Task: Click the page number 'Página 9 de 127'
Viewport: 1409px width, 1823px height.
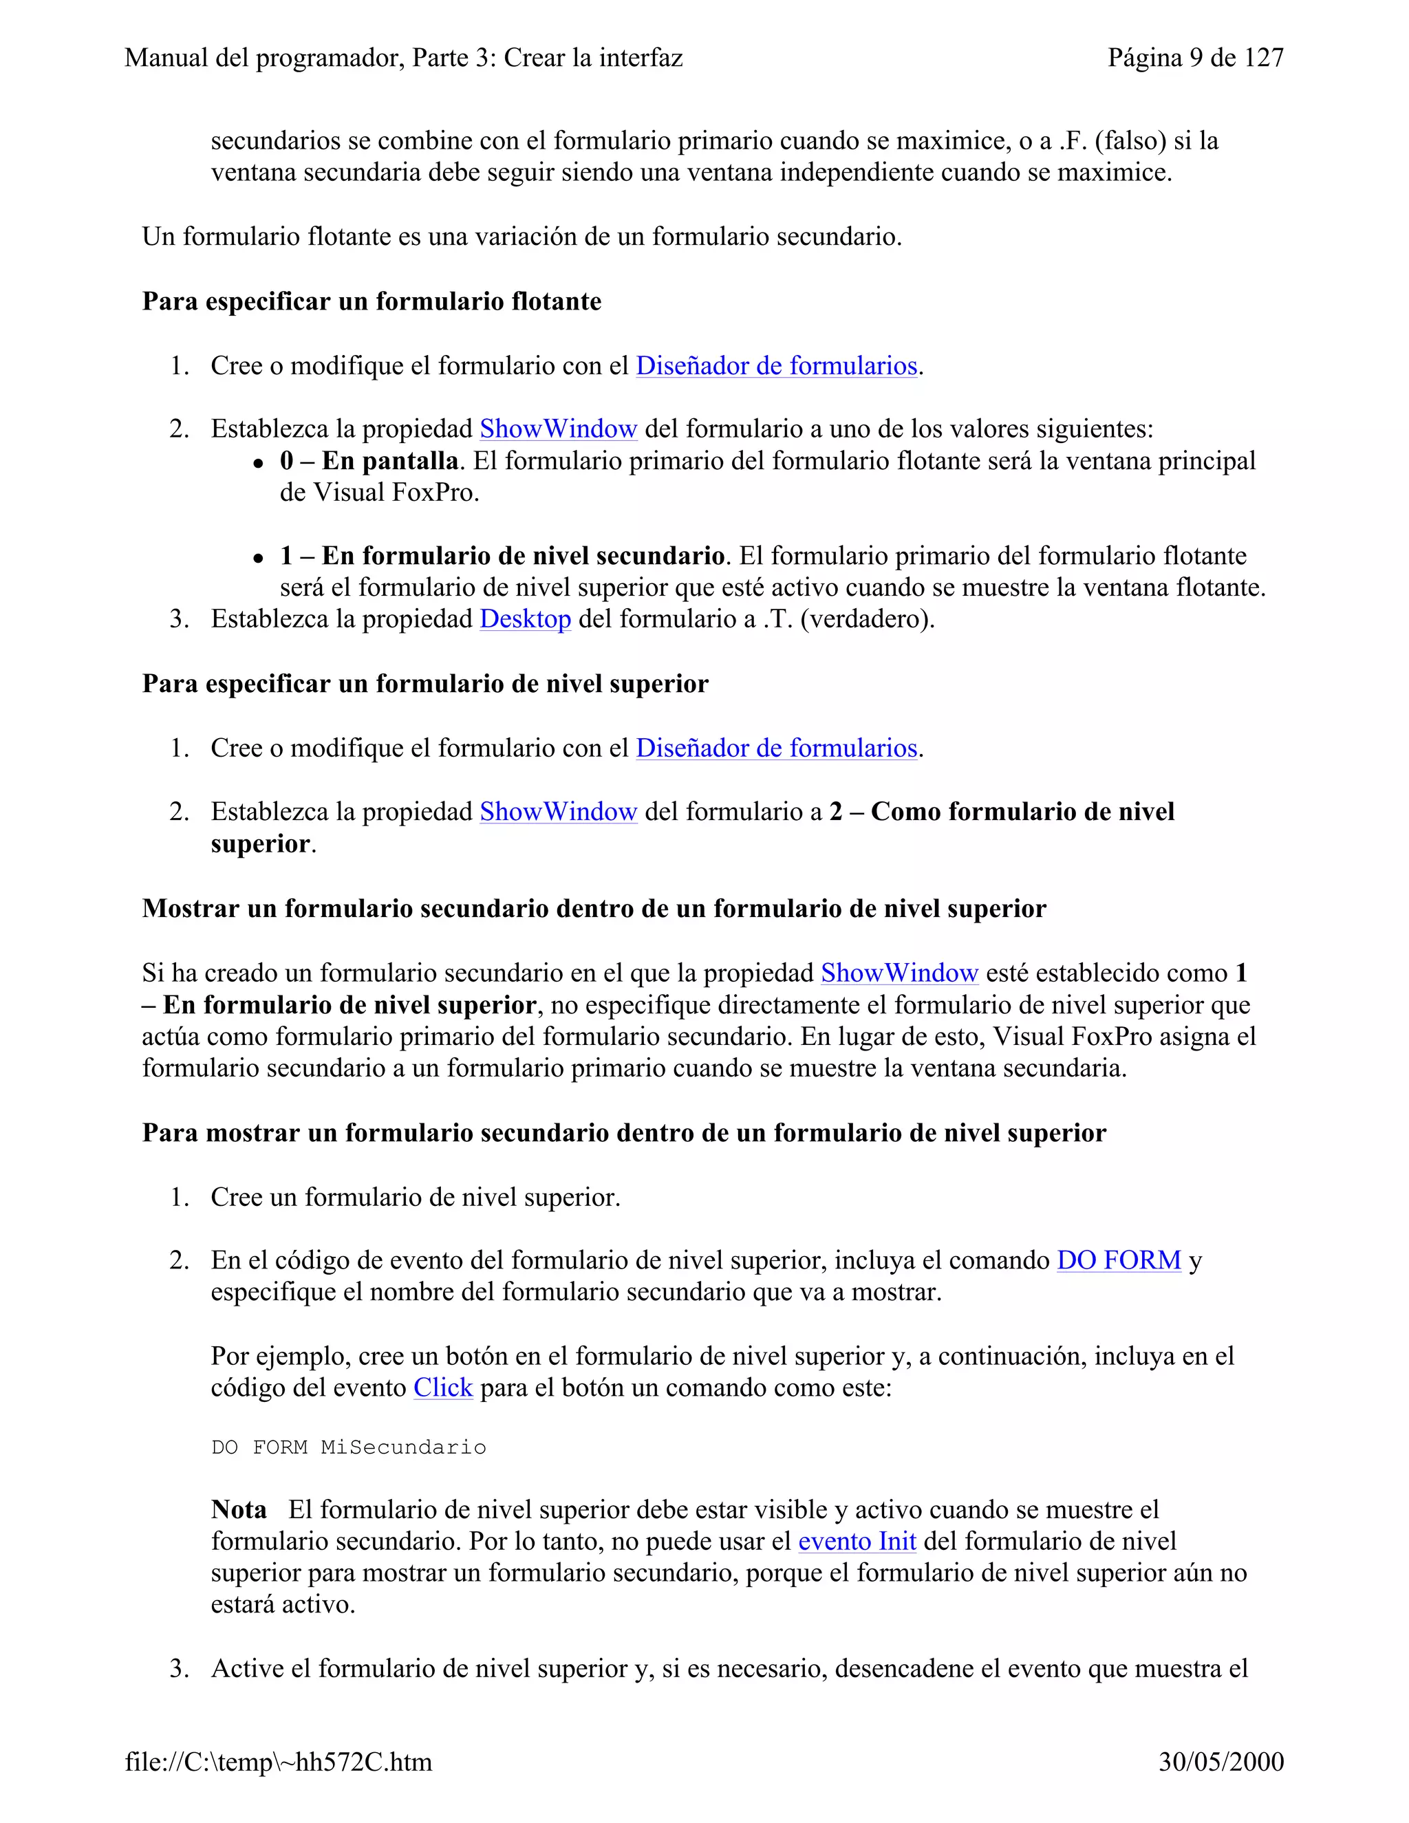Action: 1194,58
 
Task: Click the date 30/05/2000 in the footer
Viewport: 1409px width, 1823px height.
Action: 1220,1761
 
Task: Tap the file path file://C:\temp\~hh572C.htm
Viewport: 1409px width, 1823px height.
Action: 279,1761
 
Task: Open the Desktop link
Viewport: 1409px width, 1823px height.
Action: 525,618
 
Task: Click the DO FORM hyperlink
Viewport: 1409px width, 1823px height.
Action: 1119,1260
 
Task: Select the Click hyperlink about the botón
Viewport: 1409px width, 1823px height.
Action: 442,1388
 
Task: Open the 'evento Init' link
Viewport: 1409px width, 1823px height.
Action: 857,1541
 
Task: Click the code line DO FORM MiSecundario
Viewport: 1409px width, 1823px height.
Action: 348,1447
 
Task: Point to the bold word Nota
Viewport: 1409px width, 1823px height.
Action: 239,1509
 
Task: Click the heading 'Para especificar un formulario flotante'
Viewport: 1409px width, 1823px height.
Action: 372,301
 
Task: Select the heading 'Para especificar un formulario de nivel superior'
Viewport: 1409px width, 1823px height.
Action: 425,684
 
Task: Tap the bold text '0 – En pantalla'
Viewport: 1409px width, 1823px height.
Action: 369,461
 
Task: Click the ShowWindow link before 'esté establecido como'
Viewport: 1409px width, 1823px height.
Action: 899,973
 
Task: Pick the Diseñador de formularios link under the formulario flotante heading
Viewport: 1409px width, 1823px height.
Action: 776,365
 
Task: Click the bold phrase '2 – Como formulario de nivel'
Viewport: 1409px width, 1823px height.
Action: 1002,811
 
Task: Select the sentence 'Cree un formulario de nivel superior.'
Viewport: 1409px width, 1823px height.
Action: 415,1197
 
